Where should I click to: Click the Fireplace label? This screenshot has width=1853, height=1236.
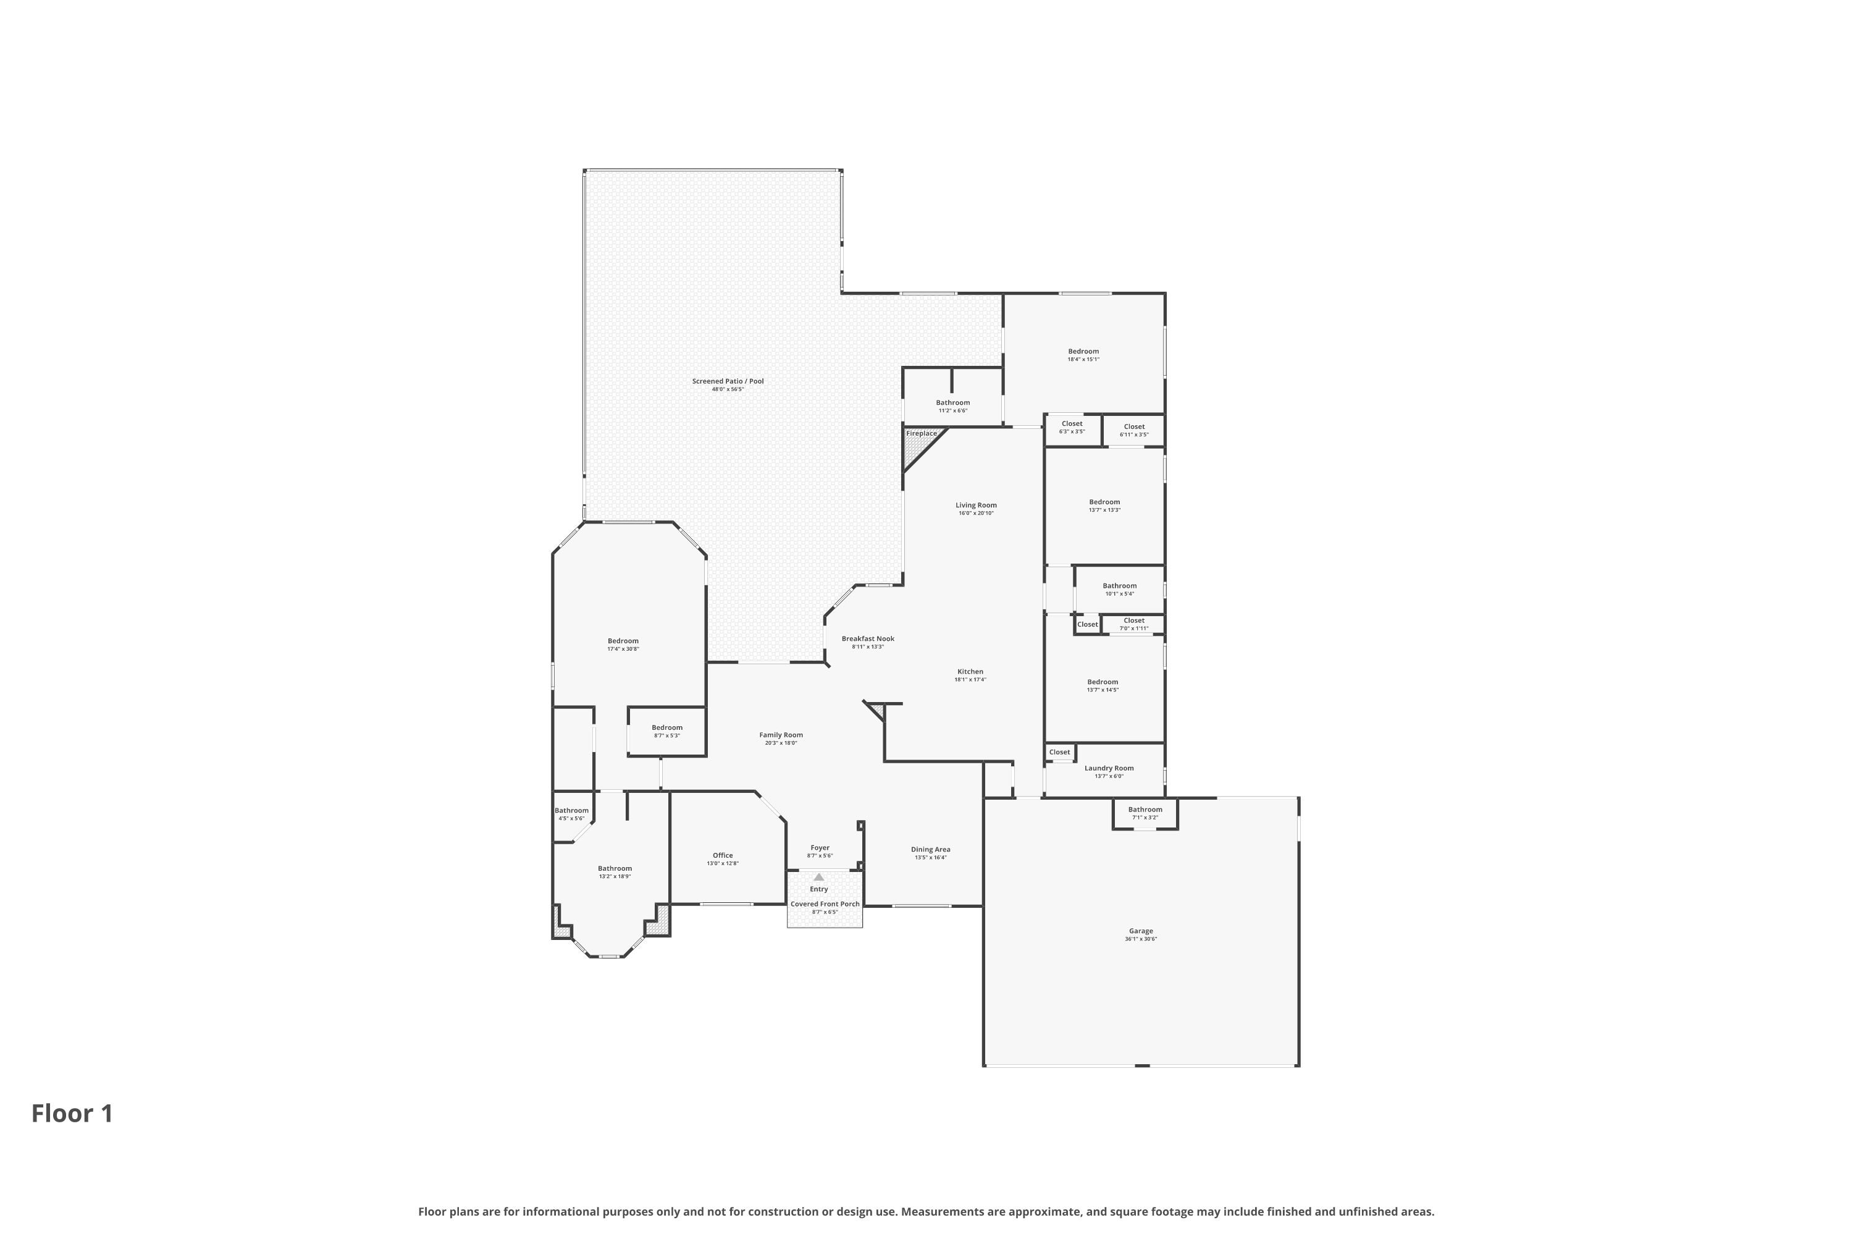pyautogui.click(x=921, y=434)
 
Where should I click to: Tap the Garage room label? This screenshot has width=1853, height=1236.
pyautogui.click(x=1140, y=931)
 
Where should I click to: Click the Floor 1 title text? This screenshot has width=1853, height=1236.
pyautogui.click(x=72, y=1114)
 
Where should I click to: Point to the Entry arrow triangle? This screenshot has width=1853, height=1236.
pyautogui.click(x=818, y=876)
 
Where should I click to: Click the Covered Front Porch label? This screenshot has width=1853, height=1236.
pyautogui.click(x=825, y=904)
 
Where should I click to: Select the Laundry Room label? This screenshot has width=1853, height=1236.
pyautogui.click(x=1109, y=769)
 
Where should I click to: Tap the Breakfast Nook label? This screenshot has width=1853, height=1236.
pyautogui.click(x=867, y=639)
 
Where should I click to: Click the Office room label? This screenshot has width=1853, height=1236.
pyautogui.click(x=723, y=855)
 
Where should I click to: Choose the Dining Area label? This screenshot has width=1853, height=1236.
pyautogui.click(x=930, y=850)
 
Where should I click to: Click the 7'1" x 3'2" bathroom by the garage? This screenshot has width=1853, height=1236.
pyautogui.click(x=1145, y=813)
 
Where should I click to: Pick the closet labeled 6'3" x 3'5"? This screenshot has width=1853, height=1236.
pyautogui.click(x=1072, y=427)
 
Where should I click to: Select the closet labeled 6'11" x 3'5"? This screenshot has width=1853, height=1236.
pyautogui.click(x=1133, y=430)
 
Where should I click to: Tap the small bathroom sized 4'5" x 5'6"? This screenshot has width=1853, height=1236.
pyautogui.click(x=571, y=813)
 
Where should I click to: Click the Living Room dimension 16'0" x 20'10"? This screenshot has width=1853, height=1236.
pyautogui.click(x=976, y=513)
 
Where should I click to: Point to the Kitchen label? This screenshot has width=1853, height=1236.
pyautogui.click(x=970, y=672)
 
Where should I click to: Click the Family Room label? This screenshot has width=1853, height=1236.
pyautogui.click(x=781, y=735)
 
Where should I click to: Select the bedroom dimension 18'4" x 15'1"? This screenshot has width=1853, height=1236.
pyautogui.click(x=1083, y=360)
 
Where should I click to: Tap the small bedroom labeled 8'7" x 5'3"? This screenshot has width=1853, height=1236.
pyautogui.click(x=666, y=730)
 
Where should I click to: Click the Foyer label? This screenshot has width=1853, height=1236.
pyautogui.click(x=820, y=848)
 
